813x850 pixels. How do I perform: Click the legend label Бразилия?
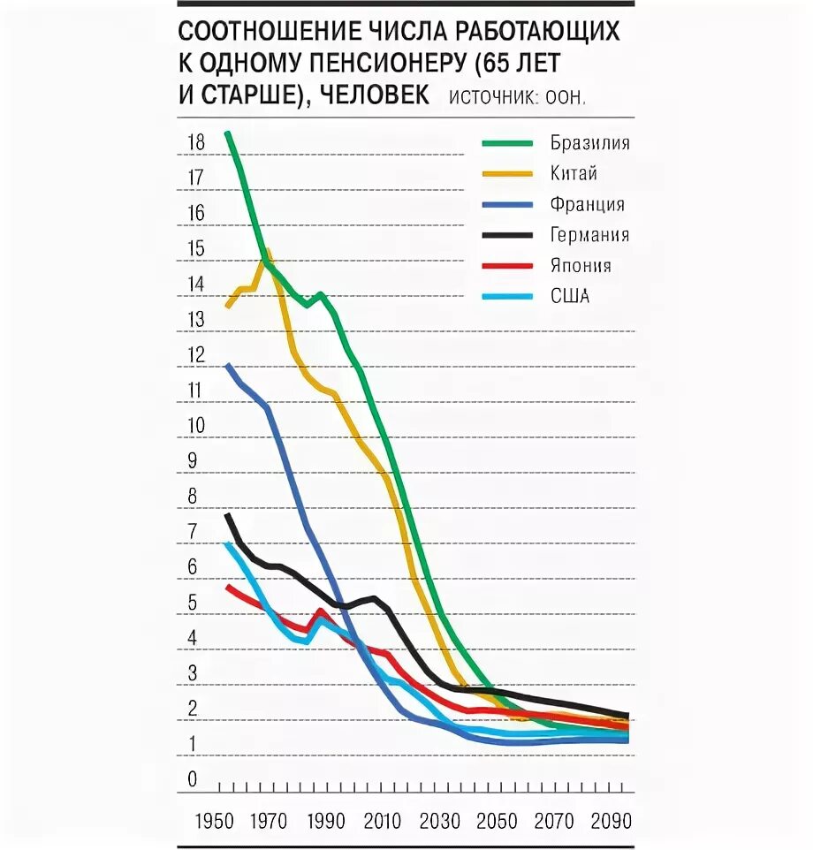(x=589, y=143)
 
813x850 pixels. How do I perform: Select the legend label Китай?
(x=574, y=174)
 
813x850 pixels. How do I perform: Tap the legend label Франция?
(x=587, y=205)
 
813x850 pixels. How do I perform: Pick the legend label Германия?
(x=589, y=235)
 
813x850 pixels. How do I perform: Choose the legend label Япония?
(x=580, y=266)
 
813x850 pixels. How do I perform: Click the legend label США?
(x=569, y=297)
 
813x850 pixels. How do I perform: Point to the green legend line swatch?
(x=507, y=143)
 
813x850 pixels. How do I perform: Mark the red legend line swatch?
(x=507, y=266)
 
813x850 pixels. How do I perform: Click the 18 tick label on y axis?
(x=196, y=142)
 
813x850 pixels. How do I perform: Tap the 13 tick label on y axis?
(x=196, y=320)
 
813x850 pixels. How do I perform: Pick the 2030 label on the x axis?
(x=439, y=821)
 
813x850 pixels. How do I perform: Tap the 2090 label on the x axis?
(x=611, y=821)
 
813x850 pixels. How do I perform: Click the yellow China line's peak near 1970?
(x=267, y=253)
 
